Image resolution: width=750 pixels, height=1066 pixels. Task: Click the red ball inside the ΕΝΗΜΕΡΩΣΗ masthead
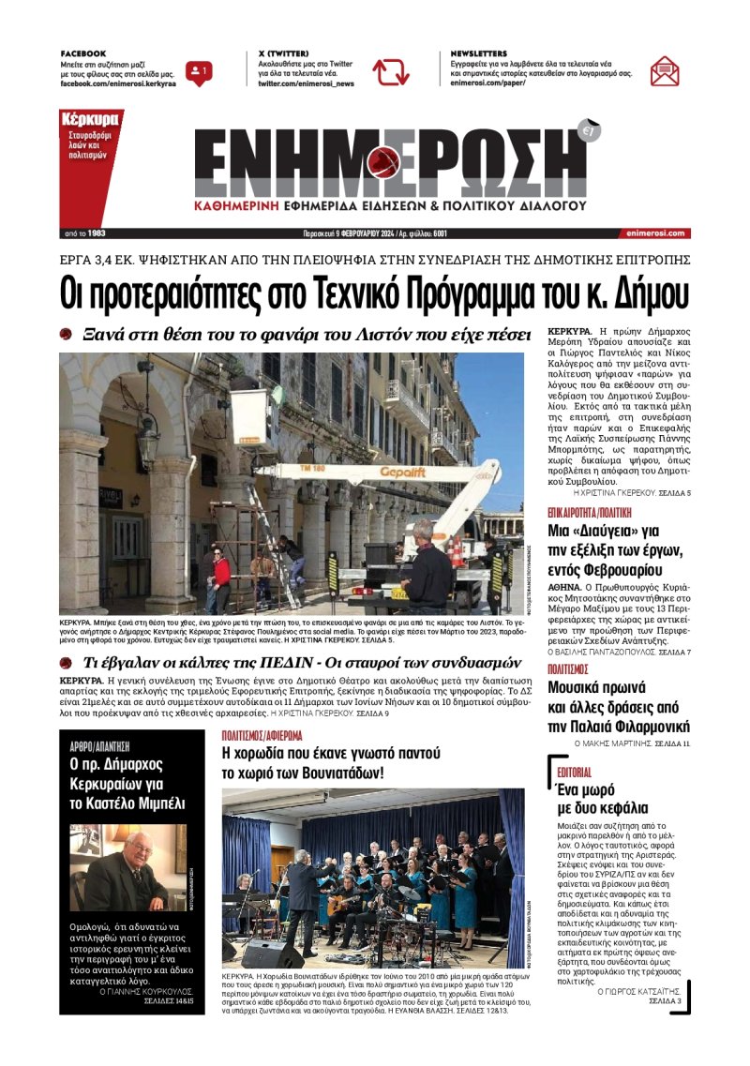[385, 162]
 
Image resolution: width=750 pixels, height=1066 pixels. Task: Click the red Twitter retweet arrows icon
[390, 72]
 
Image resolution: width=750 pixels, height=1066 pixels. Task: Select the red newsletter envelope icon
[665, 71]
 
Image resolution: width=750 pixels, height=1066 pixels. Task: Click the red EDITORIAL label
[574, 772]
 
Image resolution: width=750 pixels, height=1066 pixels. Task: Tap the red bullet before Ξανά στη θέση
[66, 335]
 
